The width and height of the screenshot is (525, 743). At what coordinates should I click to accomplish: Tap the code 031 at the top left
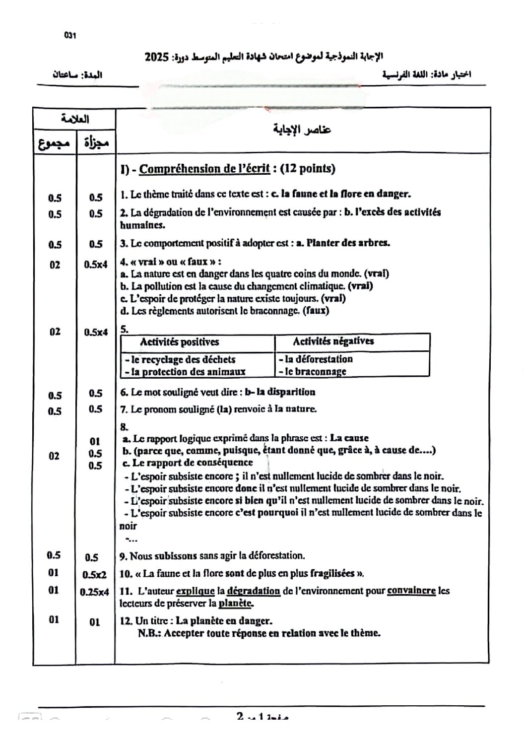click(69, 35)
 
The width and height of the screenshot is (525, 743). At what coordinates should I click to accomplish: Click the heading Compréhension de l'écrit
click(204, 169)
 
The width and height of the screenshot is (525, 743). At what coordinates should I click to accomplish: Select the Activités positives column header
click(180, 342)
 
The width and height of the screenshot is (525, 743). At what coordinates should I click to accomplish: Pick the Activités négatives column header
click(333, 341)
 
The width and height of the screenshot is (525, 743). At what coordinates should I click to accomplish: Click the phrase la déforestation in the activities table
click(318, 359)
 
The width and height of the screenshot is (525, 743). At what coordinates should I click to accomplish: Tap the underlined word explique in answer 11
click(196, 591)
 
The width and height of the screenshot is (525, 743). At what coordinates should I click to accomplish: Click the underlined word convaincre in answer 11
click(411, 591)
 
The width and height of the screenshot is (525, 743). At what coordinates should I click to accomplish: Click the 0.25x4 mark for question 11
click(94, 592)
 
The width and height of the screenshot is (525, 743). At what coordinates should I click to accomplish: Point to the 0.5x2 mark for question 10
click(94, 575)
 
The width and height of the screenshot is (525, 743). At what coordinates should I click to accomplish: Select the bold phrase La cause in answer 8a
click(349, 438)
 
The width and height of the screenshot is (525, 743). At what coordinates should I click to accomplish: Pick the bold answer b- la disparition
click(280, 392)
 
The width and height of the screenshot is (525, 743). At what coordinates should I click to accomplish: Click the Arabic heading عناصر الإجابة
click(303, 130)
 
